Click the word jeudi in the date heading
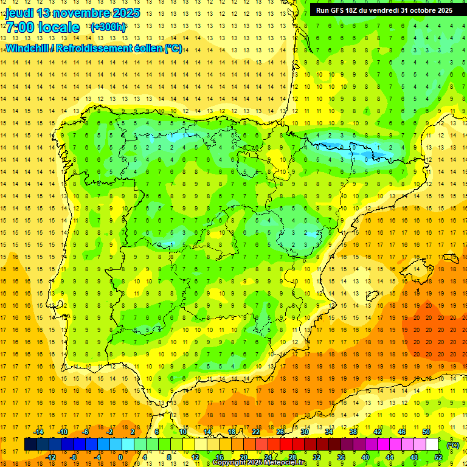19,13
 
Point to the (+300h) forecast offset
108,27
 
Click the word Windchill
28,49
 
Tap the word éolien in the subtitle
148,49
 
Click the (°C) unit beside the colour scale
452,445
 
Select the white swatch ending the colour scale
432,445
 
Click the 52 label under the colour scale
438,457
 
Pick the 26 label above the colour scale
280,432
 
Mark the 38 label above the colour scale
353,432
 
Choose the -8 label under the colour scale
74,457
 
